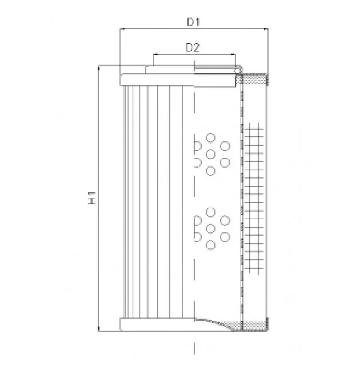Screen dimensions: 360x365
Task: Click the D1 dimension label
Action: pyautogui.click(x=194, y=22)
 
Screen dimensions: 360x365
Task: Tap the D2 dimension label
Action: pyautogui.click(x=193, y=47)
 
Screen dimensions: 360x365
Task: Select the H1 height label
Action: pyautogui.click(x=92, y=198)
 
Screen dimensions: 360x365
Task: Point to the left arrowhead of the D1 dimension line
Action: pyautogui.click(x=122, y=29)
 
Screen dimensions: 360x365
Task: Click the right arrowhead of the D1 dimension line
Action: pyautogui.click(x=266, y=29)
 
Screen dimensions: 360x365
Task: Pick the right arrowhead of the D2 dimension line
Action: pyautogui.click(x=233, y=55)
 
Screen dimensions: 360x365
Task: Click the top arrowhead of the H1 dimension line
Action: pyautogui.click(x=99, y=68)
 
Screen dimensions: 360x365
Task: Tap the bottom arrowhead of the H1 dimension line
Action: pyautogui.click(x=99, y=328)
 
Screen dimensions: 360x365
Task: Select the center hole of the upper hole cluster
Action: pyautogui.click(x=210, y=154)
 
